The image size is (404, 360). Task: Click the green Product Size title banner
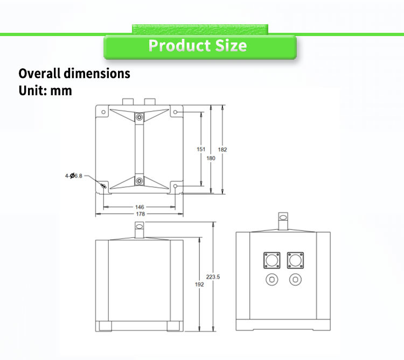[x=199, y=46]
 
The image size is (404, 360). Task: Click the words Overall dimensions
[x=74, y=73]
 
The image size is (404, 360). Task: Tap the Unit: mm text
[x=45, y=90]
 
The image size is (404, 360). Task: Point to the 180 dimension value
[x=211, y=158]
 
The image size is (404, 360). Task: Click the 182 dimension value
[x=222, y=149]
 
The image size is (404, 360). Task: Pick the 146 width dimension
[x=139, y=207]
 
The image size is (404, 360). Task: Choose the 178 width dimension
[x=139, y=214]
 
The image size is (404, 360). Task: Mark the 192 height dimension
[x=200, y=284]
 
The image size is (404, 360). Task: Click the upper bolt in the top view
[x=139, y=117]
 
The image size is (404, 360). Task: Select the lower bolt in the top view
[x=139, y=181]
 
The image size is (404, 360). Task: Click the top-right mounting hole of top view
[x=175, y=112]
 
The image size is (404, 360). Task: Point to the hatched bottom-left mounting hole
[x=103, y=186]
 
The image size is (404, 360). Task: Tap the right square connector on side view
[x=294, y=260]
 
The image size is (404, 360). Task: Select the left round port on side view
[x=272, y=279]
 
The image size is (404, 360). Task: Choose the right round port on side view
[x=294, y=279]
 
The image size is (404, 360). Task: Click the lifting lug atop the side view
[x=283, y=221]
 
